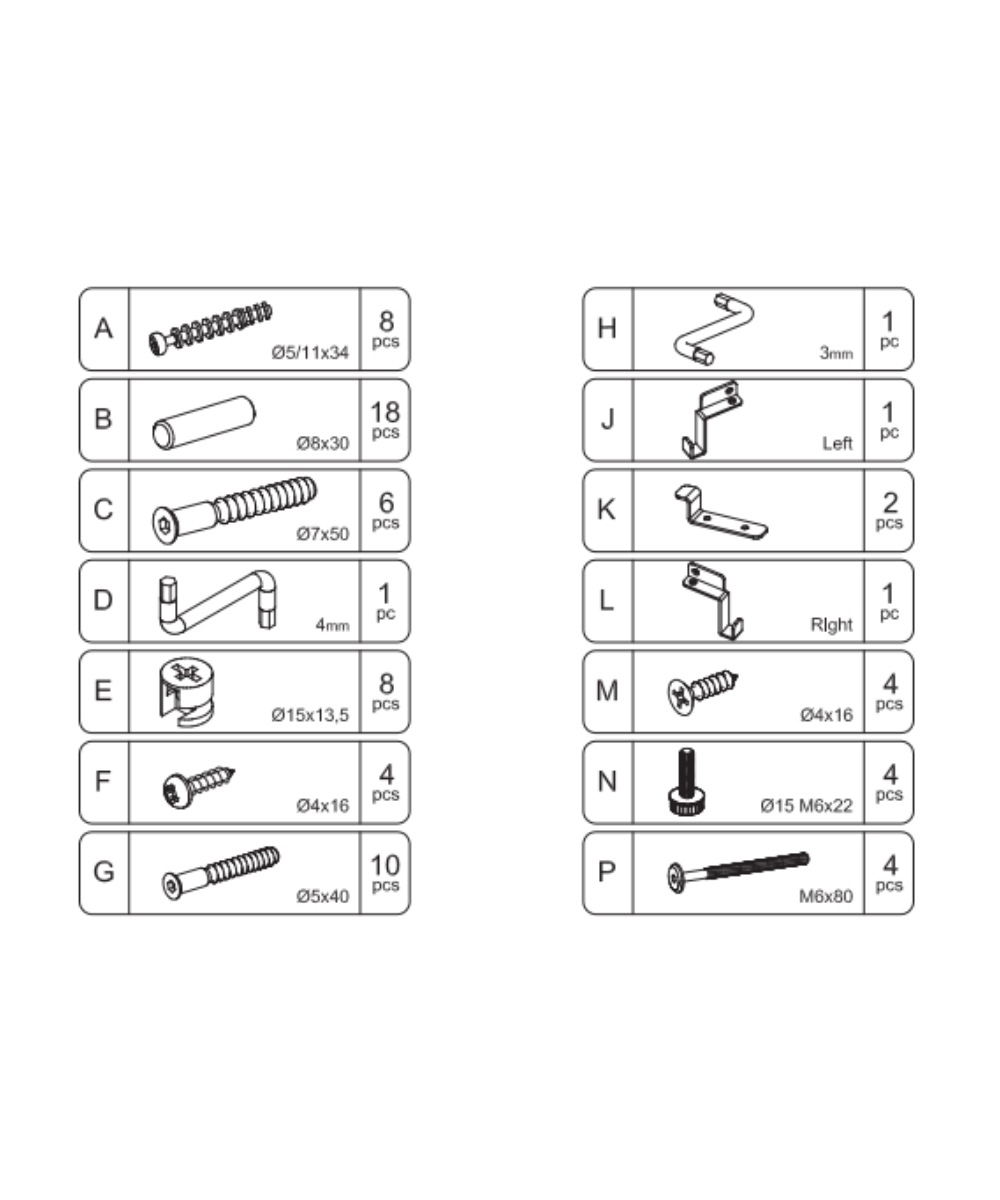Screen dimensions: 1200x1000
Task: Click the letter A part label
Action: pos(103,329)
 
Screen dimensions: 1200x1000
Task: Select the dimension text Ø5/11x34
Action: pos(310,352)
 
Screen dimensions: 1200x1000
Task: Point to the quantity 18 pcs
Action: pos(385,420)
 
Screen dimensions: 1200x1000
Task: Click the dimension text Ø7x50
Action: pos(322,534)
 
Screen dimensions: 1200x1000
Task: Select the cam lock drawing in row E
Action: pos(188,689)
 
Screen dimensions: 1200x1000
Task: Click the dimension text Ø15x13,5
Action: pos(310,715)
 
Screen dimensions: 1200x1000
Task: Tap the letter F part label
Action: pos(103,782)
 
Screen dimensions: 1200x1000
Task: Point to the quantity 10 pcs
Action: pos(385,873)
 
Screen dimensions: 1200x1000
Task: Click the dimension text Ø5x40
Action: pos(322,896)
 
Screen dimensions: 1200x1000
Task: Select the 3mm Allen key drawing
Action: pos(713,328)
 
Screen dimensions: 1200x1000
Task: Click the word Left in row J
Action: pos(837,443)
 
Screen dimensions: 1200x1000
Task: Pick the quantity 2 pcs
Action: pos(889,510)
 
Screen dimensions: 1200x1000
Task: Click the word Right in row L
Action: pos(831,625)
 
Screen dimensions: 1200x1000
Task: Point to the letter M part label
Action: pos(607,691)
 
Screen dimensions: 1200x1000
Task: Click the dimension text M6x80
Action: pos(825,896)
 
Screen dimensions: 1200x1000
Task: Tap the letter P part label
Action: pos(607,872)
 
